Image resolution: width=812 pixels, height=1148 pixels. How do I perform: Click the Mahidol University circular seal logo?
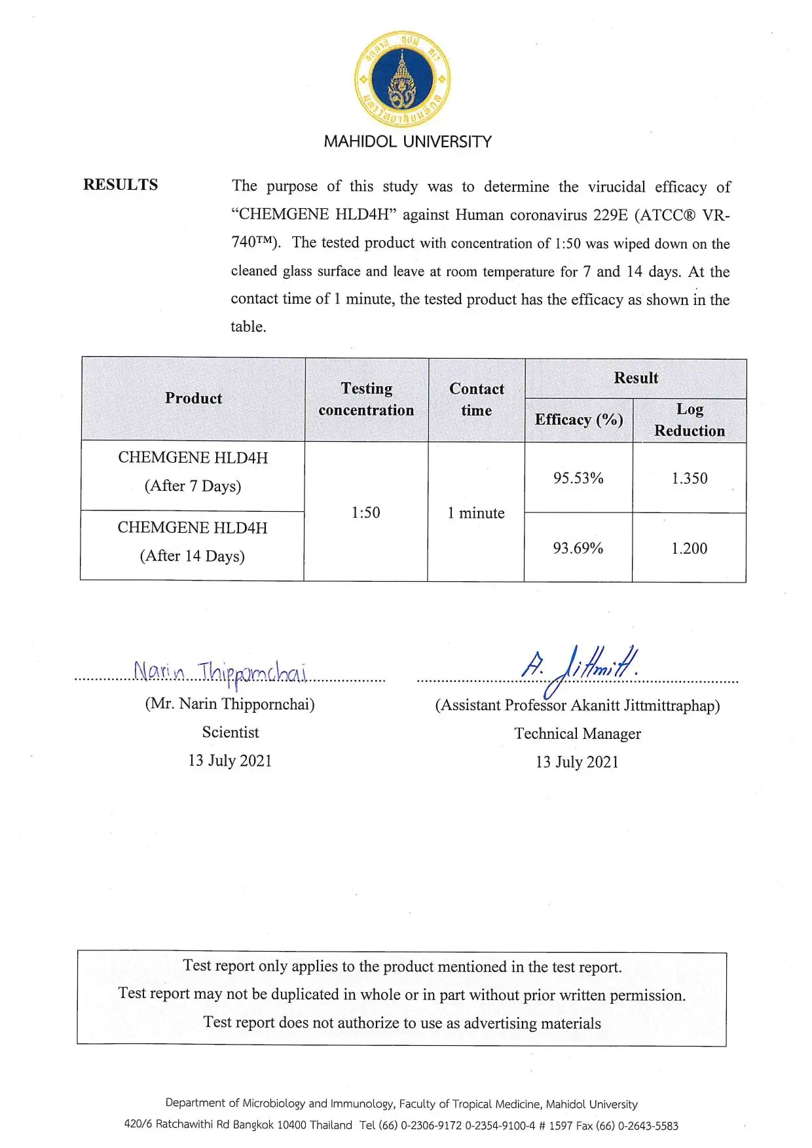(402, 79)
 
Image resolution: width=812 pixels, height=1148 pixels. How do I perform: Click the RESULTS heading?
(120, 185)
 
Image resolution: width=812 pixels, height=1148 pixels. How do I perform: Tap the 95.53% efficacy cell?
(578, 478)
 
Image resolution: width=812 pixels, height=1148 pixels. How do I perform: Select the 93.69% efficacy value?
(578, 548)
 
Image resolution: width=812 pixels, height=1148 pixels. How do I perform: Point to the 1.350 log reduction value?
(689, 478)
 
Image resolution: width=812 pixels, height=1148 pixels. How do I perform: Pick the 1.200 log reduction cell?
(689, 548)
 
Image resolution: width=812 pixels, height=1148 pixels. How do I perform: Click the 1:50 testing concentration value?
(365, 512)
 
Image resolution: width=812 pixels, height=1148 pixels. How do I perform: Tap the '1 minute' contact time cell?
(476, 513)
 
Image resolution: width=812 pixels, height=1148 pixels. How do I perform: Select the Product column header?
(193, 398)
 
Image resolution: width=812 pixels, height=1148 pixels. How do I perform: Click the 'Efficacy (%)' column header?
(578, 420)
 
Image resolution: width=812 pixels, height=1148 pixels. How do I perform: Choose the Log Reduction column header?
(690, 420)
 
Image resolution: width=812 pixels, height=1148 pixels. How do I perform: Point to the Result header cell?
(636, 378)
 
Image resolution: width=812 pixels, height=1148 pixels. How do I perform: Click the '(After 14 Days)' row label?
(192, 556)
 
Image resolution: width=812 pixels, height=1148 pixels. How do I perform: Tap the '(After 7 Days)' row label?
(193, 486)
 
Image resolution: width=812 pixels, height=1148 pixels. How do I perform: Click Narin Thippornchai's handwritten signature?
(220, 672)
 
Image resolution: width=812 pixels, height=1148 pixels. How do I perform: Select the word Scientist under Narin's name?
(230, 732)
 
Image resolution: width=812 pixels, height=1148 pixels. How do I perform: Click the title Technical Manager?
(578, 734)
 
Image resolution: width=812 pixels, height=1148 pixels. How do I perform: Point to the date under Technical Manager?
(577, 762)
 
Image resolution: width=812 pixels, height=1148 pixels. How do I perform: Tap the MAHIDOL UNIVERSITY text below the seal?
(407, 141)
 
